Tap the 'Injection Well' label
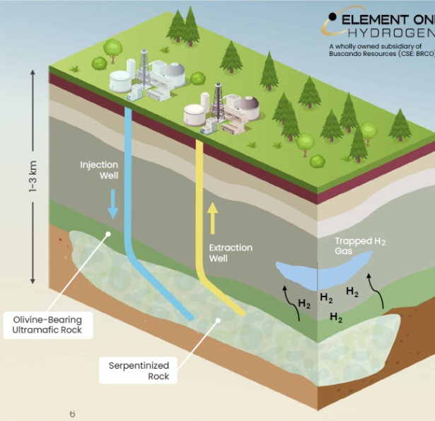click(99, 170)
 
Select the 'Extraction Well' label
click(230, 253)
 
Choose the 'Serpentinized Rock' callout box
click(138, 371)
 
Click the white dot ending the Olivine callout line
click(108, 236)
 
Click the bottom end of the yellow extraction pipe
click(240, 312)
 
